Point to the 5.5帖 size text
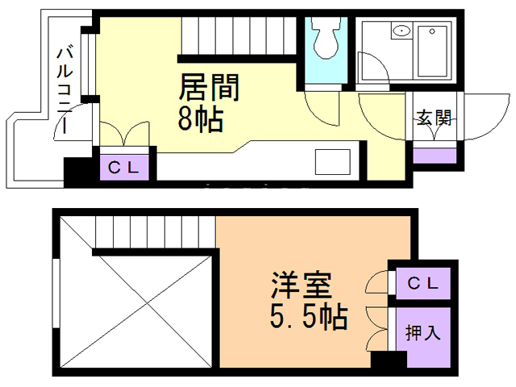coord(310,316)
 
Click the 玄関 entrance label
coord(433,118)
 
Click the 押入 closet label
coord(422,331)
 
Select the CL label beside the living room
coord(124,168)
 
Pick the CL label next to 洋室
coord(422,283)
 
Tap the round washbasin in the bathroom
coord(401,32)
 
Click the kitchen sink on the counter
coord(331,163)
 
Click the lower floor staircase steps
coord(153,235)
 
